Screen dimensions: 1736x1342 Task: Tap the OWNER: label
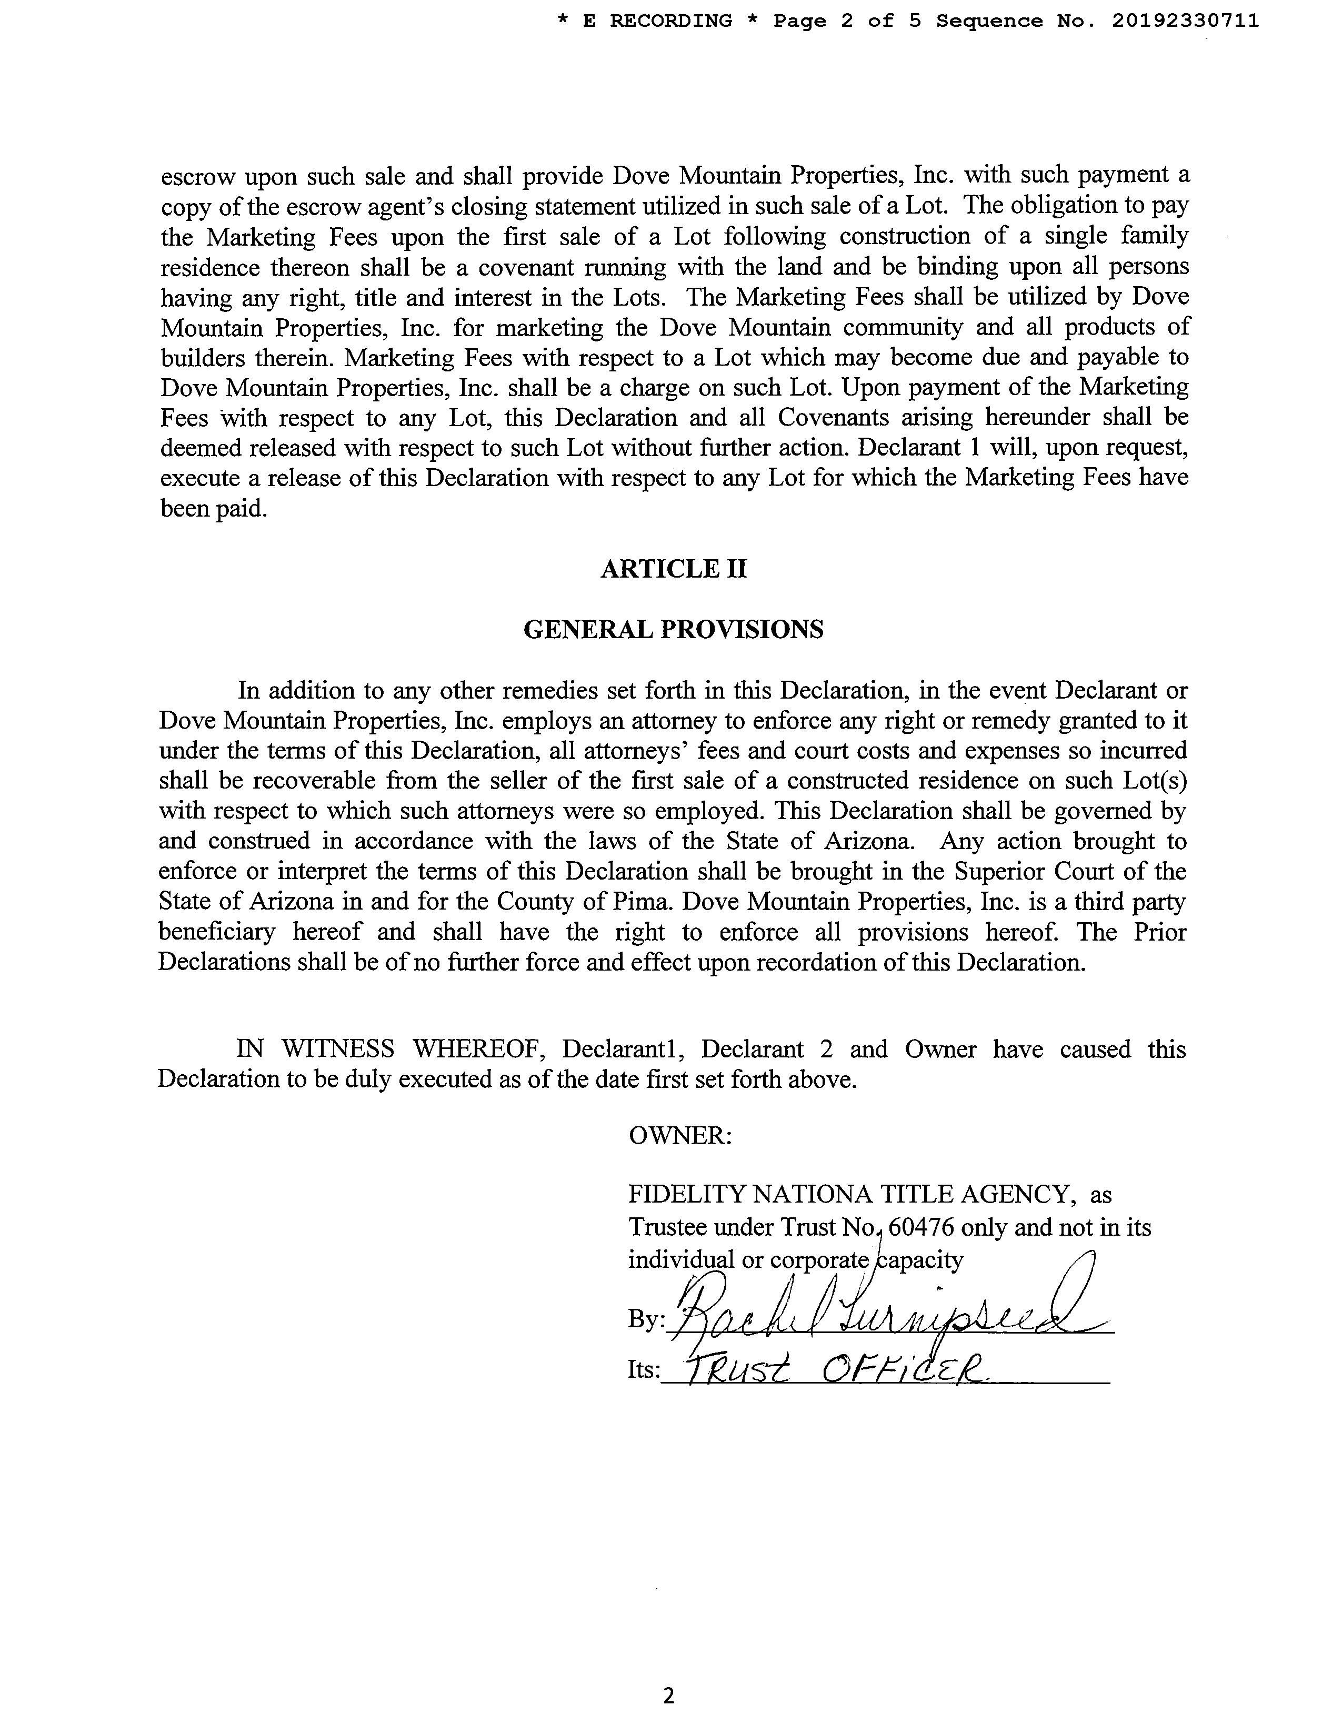680,1135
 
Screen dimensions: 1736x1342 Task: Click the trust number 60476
922,1227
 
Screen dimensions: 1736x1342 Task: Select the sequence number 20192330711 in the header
1185,22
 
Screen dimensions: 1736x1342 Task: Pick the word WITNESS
338,1049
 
